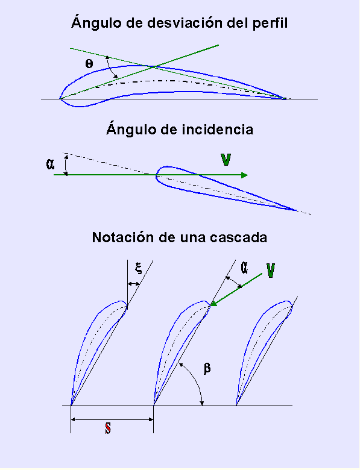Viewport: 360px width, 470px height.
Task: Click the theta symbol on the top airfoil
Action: (89, 63)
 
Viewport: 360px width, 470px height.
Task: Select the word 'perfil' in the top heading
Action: (270, 23)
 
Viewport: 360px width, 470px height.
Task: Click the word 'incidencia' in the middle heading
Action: (218, 130)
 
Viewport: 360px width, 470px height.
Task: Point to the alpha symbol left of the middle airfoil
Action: (50, 164)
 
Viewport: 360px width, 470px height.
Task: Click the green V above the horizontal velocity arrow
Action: (226, 160)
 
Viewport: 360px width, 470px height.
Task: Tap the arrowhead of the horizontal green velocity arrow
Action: (244, 175)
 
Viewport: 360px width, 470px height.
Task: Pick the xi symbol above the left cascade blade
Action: (138, 268)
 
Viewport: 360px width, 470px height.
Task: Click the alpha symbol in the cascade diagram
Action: (244, 268)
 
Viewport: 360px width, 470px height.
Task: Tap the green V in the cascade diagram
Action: (270, 271)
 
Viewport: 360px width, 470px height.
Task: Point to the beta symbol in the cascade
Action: (207, 368)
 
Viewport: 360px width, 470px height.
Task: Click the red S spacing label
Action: (108, 428)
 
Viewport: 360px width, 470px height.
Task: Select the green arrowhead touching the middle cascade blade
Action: (213, 304)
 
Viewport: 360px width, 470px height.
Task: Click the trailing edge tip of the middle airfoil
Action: (297, 210)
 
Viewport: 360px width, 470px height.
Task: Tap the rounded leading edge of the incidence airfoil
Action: (157, 176)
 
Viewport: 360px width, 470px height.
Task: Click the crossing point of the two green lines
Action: (153, 67)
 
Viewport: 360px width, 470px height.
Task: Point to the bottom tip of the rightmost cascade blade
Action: (236, 405)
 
